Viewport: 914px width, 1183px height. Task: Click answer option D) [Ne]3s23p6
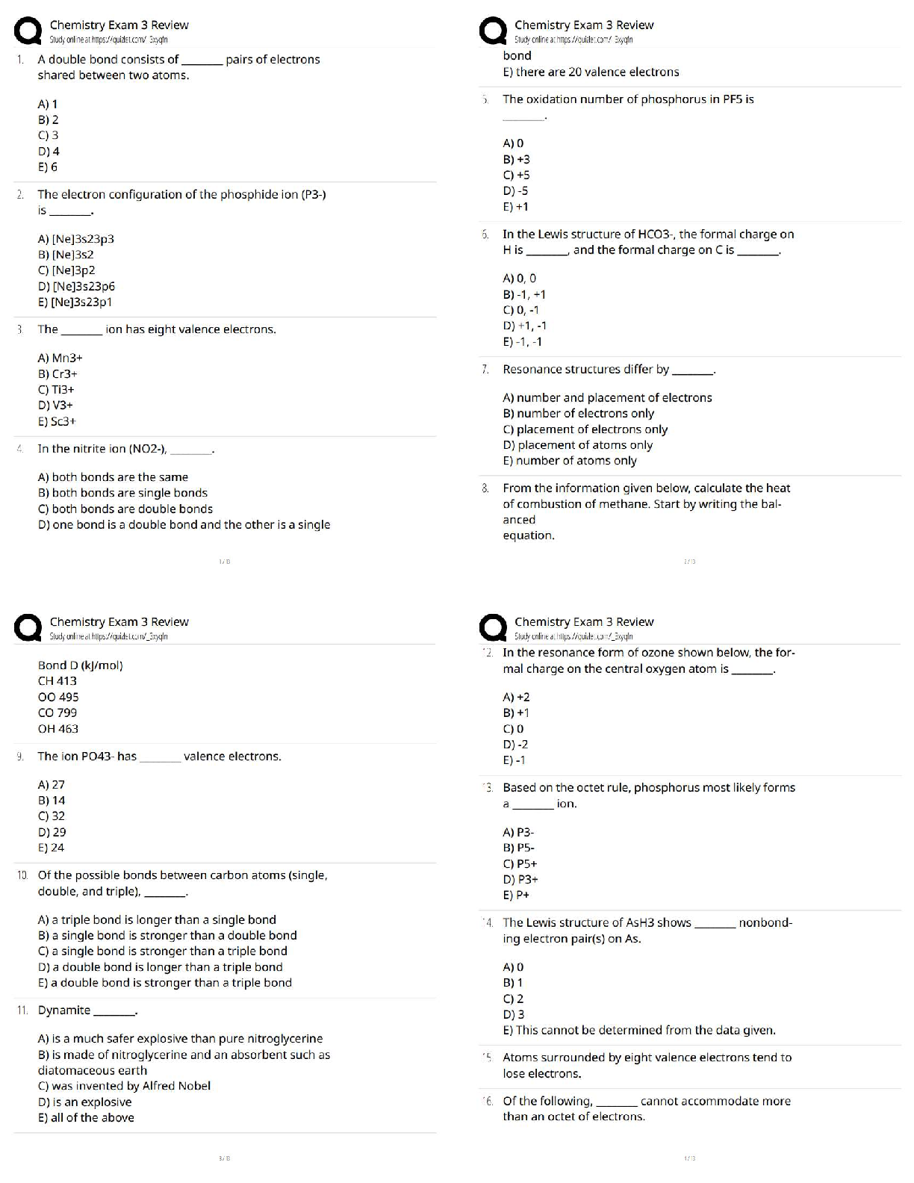(76, 286)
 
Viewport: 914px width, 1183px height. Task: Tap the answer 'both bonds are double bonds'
(125, 509)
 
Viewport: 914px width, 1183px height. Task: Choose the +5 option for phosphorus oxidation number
(516, 175)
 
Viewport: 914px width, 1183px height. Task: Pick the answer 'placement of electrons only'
(585, 429)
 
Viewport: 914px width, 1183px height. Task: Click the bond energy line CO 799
(57, 712)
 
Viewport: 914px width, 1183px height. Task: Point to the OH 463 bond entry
(58, 729)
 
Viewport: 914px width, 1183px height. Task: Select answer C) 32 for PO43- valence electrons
(52, 816)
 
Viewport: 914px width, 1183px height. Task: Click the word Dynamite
(64, 1010)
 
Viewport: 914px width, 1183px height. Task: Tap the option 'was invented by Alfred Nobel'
(124, 1086)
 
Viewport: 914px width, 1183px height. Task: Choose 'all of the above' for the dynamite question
(86, 1118)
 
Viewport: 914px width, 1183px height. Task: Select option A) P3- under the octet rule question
(518, 832)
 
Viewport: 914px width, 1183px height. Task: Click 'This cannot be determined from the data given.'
(639, 1031)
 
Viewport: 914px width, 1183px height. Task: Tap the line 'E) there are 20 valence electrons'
(591, 72)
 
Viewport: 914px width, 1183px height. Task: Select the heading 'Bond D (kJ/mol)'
(81, 665)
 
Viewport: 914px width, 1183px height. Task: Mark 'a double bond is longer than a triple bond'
(160, 967)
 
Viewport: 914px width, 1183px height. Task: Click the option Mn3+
(60, 358)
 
